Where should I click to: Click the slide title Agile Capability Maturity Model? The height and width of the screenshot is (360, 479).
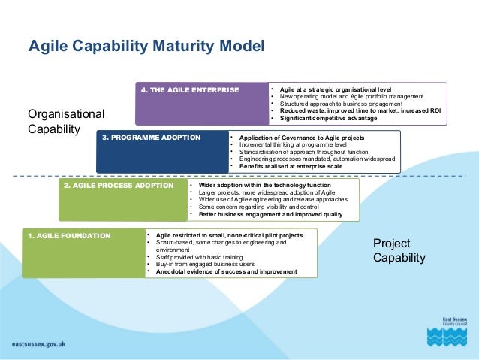tap(146, 47)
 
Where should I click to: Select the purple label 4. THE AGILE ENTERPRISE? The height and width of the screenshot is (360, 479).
tap(190, 90)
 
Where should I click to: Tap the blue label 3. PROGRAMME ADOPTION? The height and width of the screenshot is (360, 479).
tap(151, 138)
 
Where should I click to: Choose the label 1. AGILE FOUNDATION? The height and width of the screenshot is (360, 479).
tap(69, 235)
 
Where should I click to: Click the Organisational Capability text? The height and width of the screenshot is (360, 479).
tap(66, 121)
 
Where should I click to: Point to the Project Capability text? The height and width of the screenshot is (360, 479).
tap(399, 250)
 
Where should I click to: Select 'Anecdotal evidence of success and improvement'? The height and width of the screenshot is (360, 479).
tap(225, 271)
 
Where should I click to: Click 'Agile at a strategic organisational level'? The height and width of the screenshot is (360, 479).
tap(335, 90)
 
